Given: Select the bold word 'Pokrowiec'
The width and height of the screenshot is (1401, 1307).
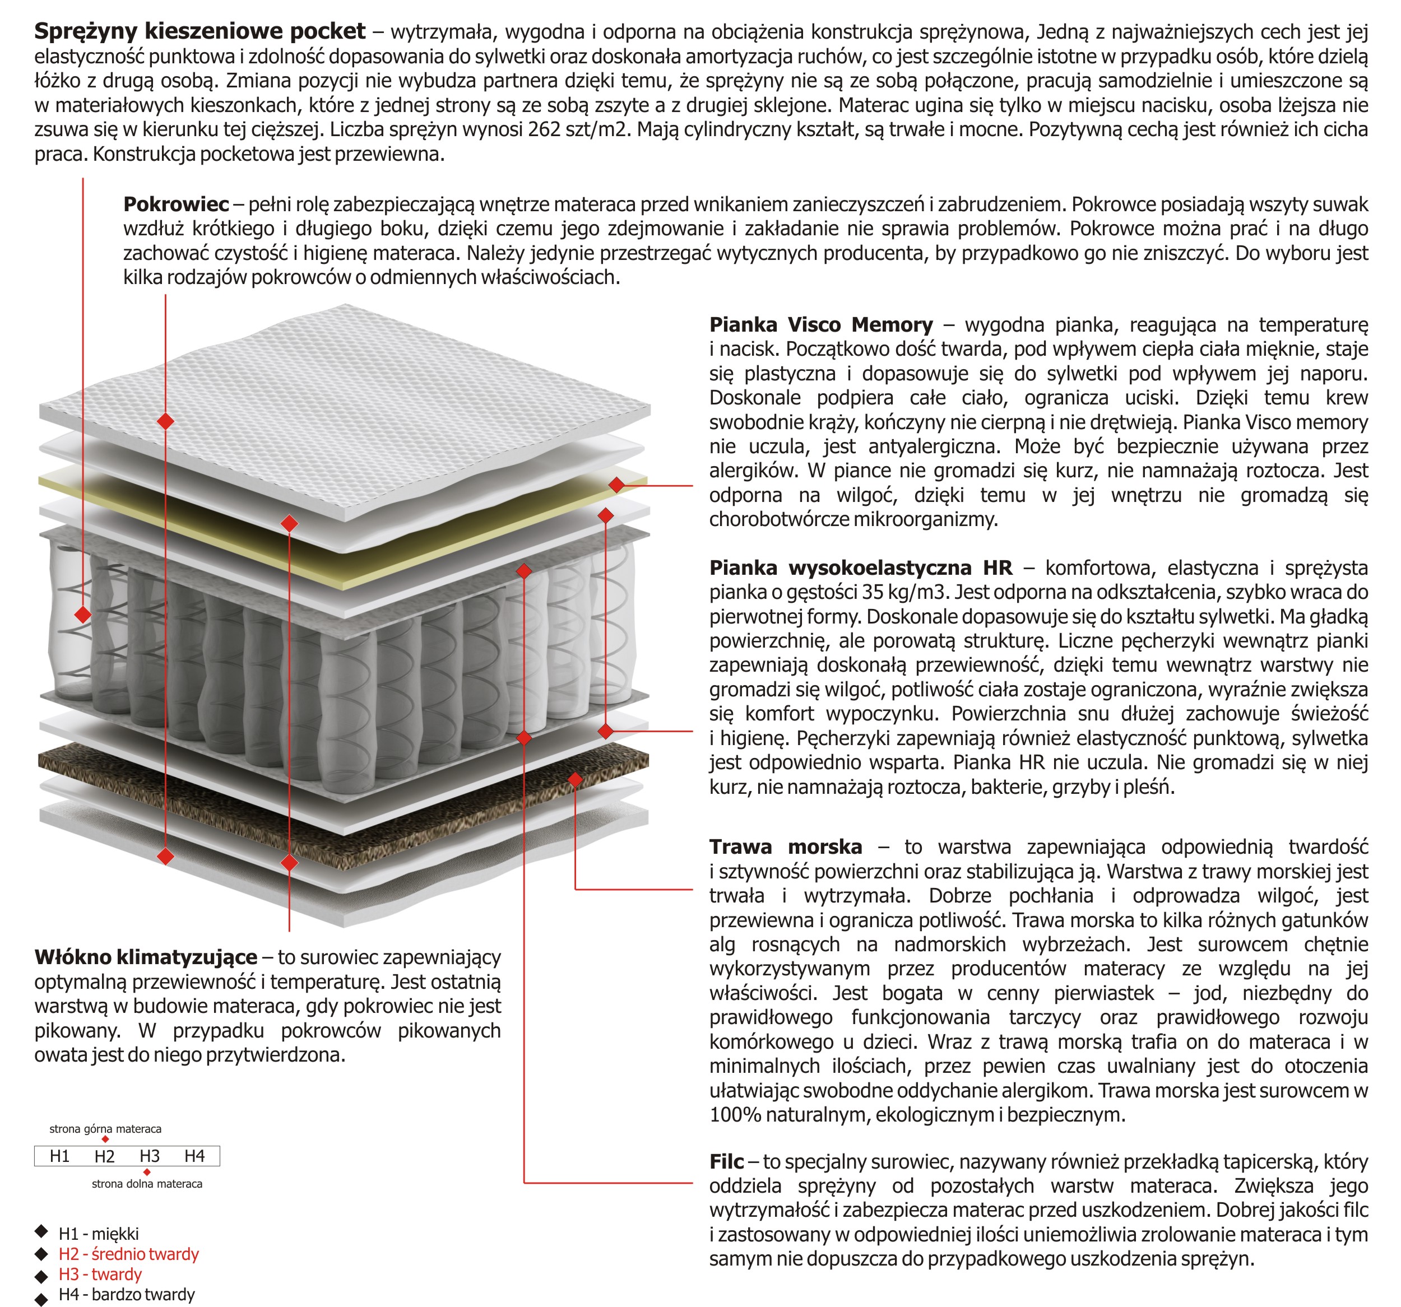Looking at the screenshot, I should coord(176,204).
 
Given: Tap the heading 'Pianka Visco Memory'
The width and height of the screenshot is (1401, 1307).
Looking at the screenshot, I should coord(821,325).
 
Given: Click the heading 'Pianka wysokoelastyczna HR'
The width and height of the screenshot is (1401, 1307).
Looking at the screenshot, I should coord(860,568).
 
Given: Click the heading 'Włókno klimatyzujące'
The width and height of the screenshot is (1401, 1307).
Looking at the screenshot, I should coord(146,957).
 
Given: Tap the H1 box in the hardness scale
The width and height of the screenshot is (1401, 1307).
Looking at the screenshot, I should coord(60,1156).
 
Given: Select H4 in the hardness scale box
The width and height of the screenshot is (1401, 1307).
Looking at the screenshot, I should coord(194,1156).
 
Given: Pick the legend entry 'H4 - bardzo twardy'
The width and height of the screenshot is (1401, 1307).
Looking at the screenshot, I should coord(127,1294).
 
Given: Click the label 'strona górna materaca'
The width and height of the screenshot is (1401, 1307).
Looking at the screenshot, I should coord(105,1129).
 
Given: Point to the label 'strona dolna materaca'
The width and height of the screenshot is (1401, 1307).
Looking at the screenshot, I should coord(147,1184).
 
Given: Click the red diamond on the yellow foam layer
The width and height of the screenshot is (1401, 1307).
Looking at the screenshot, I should coord(616,485).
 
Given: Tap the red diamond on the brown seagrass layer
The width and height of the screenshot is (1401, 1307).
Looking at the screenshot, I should coord(575,779).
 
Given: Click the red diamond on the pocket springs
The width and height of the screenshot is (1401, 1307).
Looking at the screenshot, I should coord(83,615).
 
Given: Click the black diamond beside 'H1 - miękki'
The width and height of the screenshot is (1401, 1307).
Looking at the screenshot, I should coord(41,1232).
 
